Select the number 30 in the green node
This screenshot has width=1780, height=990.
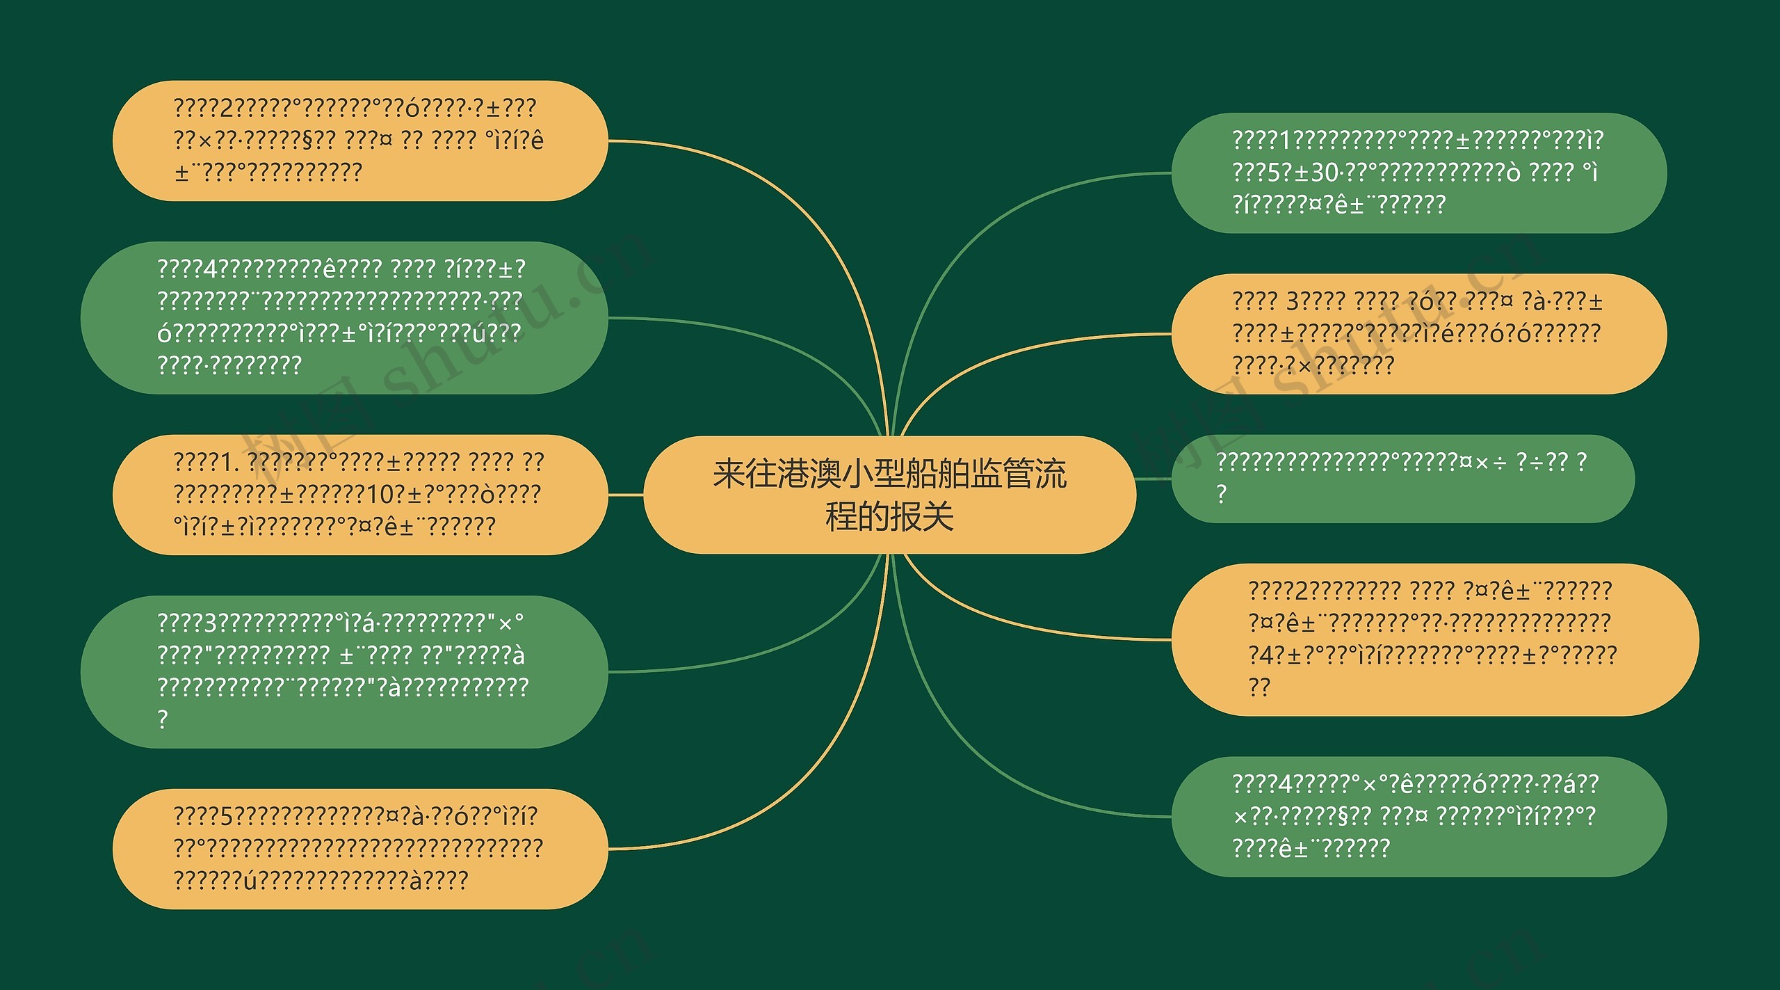pos(1324,172)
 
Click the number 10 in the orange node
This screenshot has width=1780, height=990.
pos(381,494)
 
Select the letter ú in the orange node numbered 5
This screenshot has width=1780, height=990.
pos(250,881)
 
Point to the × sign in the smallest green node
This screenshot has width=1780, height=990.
pos(1482,462)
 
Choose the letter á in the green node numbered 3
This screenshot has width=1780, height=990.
pos(369,622)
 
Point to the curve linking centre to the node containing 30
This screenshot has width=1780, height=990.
pos(973,243)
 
